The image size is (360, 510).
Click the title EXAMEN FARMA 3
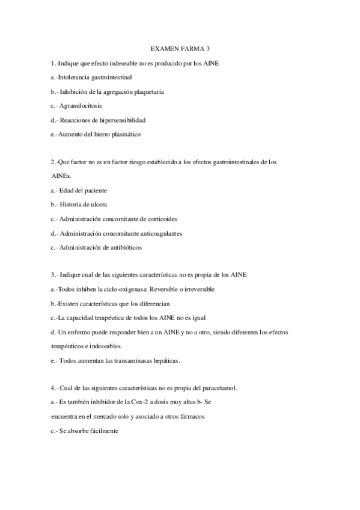tap(180, 49)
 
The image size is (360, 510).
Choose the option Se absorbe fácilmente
tap(89, 431)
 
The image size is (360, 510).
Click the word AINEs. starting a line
tap(61, 176)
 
